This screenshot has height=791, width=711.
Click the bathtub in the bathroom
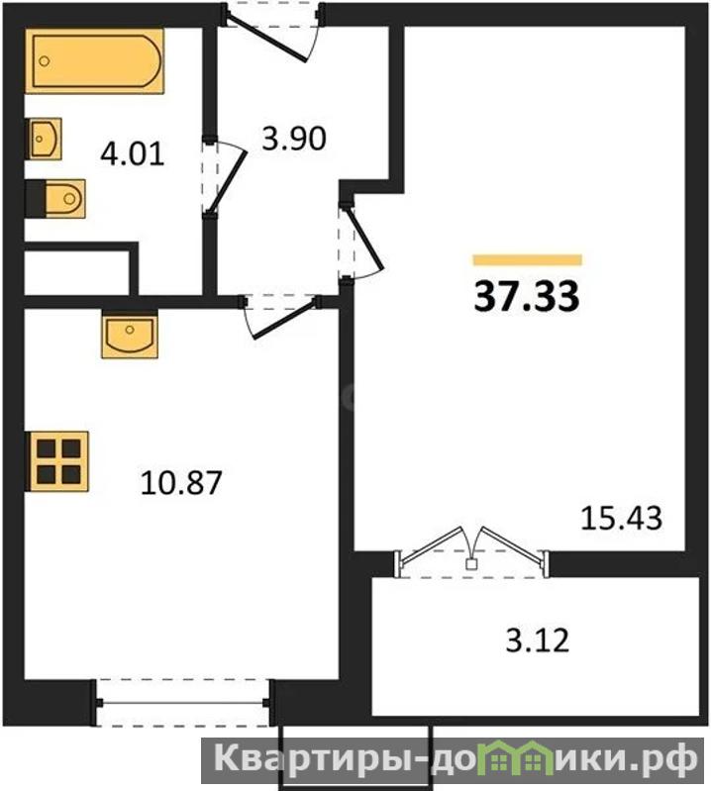click(x=95, y=61)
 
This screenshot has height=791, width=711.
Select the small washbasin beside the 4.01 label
click(x=44, y=139)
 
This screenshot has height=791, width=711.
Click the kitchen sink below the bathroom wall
click(x=130, y=334)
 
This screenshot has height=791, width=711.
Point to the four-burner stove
click(x=57, y=461)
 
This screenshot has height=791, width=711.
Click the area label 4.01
click(x=133, y=153)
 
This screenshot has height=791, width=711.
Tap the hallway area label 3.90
click(x=294, y=139)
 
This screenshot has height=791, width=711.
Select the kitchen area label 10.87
click(x=181, y=482)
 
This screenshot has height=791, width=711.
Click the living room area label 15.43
click(x=621, y=518)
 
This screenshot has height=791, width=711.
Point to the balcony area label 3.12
click(x=538, y=641)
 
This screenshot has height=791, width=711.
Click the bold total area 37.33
click(x=526, y=297)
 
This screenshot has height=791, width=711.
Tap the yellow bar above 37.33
click(x=528, y=260)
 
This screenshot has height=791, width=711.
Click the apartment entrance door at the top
click(x=272, y=31)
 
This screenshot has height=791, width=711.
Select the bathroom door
click(x=225, y=176)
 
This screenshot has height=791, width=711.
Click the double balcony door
click(x=471, y=552)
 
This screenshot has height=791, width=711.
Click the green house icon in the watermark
click(x=514, y=756)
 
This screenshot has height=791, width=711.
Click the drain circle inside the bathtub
click(x=45, y=61)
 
